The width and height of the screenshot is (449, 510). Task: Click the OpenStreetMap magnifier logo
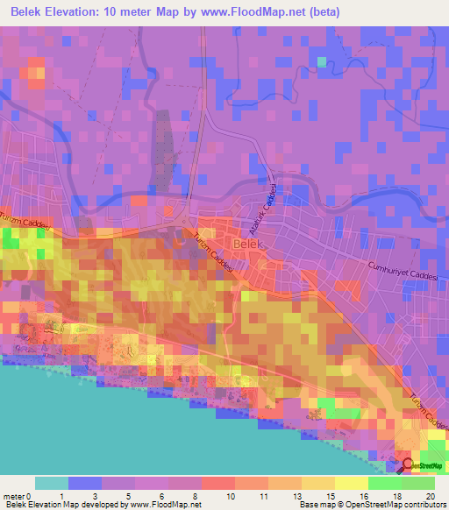pyautogui.click(x=407, y=464)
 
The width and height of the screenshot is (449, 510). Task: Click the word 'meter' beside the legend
pyautogui.click(x=13, y=496)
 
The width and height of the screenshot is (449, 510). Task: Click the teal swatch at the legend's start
pyautogui.click(x=51, y=483)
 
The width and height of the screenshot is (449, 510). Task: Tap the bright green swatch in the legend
pyautogui.click(x=384, y=483)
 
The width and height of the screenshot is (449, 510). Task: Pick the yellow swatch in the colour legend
pyautogui.click(x=351, y=483)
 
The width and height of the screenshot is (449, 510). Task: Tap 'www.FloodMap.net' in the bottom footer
pyautogui.click(x=166, y=505)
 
